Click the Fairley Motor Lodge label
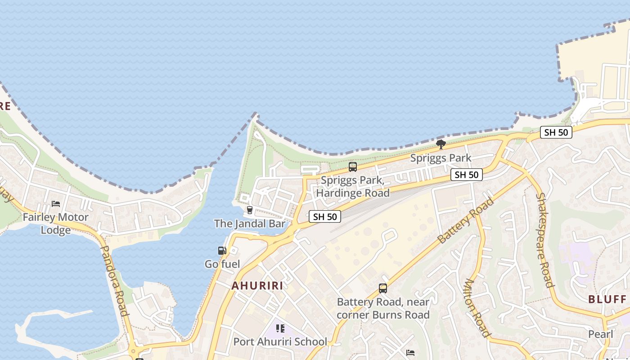coord(56,223)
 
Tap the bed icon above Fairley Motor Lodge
coord(56,204)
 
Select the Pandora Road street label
coord(115,281)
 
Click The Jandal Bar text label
coord(250,223)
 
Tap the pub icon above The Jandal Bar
coord(250,210)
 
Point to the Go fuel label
coord(222,264)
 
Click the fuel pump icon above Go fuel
coord(222,251)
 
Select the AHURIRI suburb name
coord(257,286)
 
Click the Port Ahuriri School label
coord(280,342)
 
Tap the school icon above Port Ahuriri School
coord(280,328)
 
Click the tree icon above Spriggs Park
coord(441,144)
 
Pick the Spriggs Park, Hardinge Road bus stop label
coord(353,187)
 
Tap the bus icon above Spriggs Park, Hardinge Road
coord(353,167)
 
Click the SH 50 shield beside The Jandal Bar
coord(325,216)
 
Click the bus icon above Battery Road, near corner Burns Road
coord(383,288)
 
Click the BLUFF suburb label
coord(607,299)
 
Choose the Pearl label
coord(601,334)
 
